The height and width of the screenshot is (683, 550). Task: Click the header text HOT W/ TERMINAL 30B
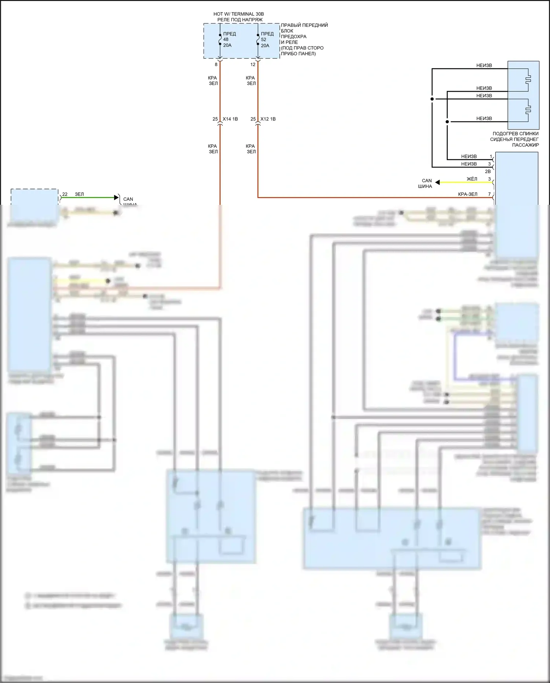point(239,14)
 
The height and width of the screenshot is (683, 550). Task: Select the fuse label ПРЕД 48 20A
point(229,39)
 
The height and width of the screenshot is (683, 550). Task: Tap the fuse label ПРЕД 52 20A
point(267,40)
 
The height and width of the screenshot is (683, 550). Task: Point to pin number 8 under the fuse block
point(216,65)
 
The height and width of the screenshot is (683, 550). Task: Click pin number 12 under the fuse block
point(253,65)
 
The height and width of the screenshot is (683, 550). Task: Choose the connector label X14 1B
point(230,119)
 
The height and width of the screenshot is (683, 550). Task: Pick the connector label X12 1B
point(268,119)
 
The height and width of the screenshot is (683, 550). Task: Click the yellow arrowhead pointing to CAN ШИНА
point(437,182)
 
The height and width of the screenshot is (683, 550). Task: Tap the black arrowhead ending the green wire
point(117,197)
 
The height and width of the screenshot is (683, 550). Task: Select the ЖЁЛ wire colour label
point(472,179)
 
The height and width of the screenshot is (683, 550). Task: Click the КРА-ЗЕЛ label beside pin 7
point(467,194)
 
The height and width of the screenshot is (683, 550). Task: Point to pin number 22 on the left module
point(65,194)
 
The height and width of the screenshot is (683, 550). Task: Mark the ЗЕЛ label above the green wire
point(79,194)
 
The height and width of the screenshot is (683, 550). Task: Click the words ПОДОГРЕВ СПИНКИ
point(516,134)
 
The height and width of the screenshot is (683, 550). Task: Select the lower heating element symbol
point(528,110)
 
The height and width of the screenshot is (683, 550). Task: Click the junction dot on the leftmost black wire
point(432,99)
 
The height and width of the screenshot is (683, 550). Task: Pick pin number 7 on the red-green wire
point(489,194)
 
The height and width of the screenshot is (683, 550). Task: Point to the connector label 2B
point(488,171)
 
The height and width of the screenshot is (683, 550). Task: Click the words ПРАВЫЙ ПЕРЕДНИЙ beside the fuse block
point(304,25)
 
